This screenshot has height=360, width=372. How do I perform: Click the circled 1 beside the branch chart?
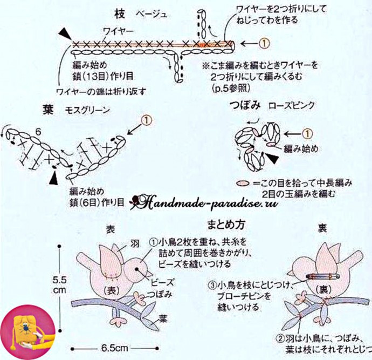pos(264,42)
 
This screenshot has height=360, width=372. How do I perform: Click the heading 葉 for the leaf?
pos(47,109)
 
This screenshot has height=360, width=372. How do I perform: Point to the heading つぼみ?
pos(243,105)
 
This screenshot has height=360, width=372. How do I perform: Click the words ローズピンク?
pos(291,105)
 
